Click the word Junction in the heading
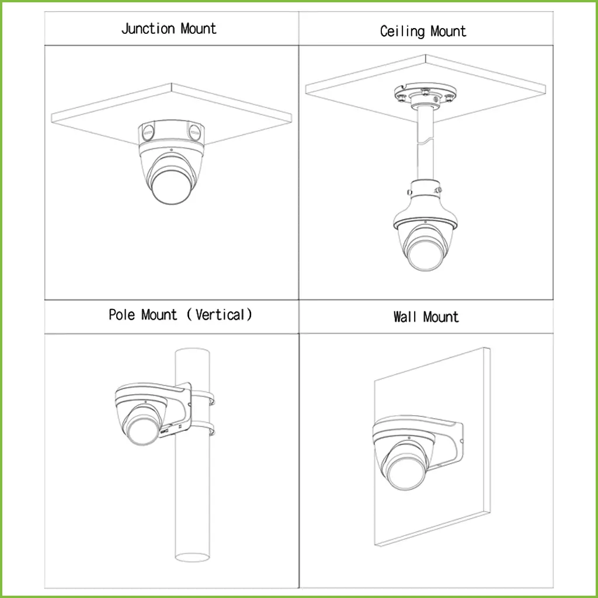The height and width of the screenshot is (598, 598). click(x=148, y=29)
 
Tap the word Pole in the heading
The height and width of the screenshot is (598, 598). click(x=122, y=315)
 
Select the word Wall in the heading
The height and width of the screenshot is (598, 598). click(x=405, y=317)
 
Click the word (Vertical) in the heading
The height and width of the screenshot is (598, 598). click(x=220, y=315)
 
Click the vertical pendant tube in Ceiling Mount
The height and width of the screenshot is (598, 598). click(x=425, y=146)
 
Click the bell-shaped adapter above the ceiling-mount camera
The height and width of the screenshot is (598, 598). click(x=425, y=204)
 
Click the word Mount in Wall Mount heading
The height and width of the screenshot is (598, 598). click(x=441, y=317)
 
